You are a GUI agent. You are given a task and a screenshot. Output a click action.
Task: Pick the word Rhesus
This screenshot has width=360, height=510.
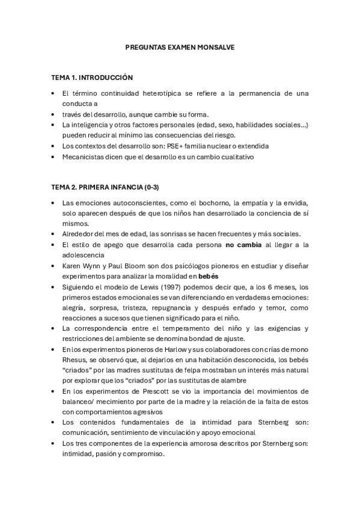click(75, 359)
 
